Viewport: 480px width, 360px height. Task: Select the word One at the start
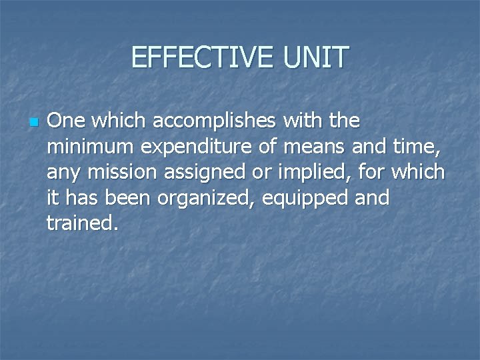click(65, 121)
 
